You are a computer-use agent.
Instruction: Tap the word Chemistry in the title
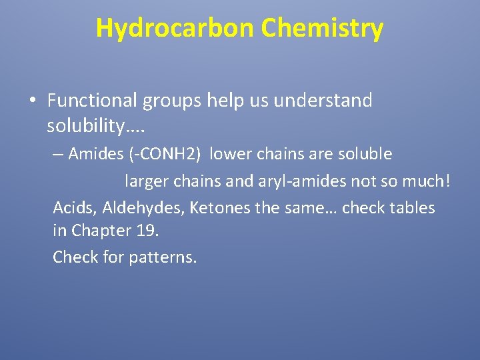tap(322, 28)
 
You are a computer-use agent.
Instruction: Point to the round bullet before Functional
tap(32, 101)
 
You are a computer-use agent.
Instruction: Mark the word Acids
tap(75, 208)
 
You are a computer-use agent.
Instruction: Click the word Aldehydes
tap(143, 208)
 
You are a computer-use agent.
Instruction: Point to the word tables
tap(410, 208)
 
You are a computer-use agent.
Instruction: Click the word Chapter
tap(101, 231)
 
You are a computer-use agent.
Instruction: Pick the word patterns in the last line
tap(167, 257)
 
